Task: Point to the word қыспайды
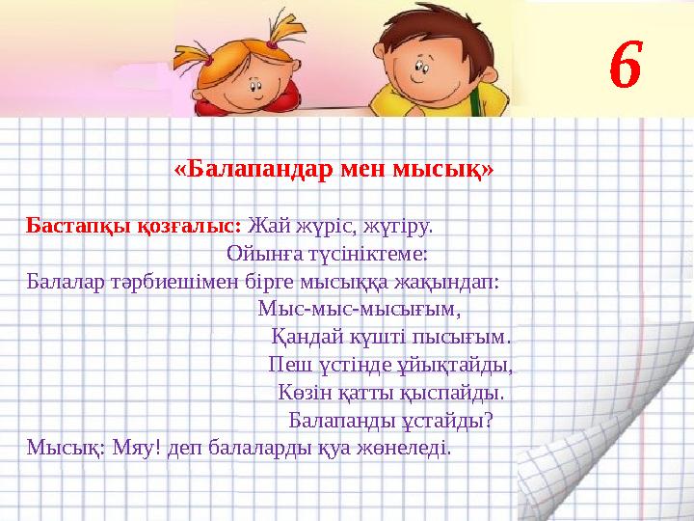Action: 455,395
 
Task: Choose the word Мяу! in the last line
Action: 137,449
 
